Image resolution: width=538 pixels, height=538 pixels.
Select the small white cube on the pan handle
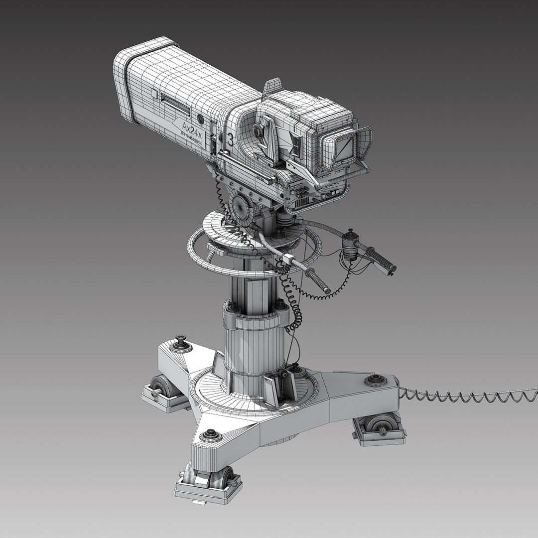coord(288,259)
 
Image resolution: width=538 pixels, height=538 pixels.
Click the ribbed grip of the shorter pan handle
coord(319,281)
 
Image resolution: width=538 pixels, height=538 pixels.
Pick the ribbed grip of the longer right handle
coord(382,259)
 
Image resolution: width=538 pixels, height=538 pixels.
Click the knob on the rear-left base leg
coord(181,344)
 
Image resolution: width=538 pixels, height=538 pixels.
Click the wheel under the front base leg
coord(209,476)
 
